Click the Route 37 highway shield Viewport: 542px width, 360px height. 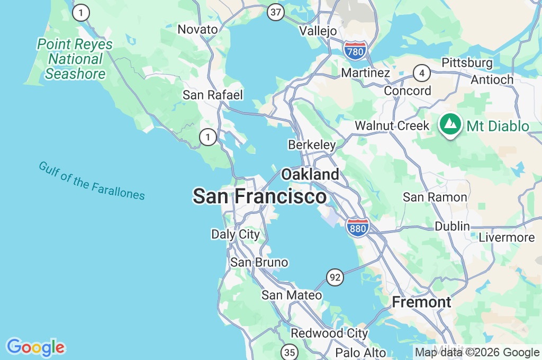point(275,13)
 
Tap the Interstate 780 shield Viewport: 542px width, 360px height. point(355,51)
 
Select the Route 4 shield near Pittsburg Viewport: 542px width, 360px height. point(421,73)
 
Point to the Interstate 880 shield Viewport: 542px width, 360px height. point(358,228)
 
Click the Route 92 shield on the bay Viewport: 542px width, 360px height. point(335,276)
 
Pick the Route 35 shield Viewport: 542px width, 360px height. point(290,352)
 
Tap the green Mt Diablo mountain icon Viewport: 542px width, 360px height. point(450,125)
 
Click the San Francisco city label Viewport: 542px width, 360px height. point(259,196)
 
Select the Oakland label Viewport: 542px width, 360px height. point(310,174)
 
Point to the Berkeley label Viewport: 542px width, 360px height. point(312,145)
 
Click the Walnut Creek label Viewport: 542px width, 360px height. point(392,126)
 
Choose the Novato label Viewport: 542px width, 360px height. point(197,29)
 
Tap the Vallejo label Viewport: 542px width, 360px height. point(318,31)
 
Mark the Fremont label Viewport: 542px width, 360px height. point(421,302)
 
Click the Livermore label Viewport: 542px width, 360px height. point(507,238)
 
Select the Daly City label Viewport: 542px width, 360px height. point(236,234)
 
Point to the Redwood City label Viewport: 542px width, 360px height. point(329,334)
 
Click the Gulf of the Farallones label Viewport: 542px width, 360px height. point(92,181)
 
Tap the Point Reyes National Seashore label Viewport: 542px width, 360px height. point(75,59)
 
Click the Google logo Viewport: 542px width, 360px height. point(35,348)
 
